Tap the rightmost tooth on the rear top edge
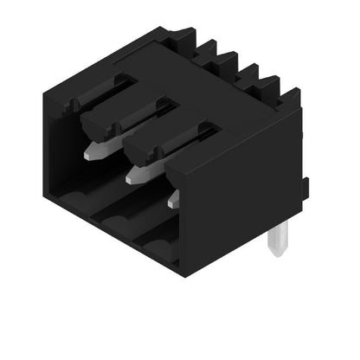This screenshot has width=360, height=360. coord(288,97)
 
